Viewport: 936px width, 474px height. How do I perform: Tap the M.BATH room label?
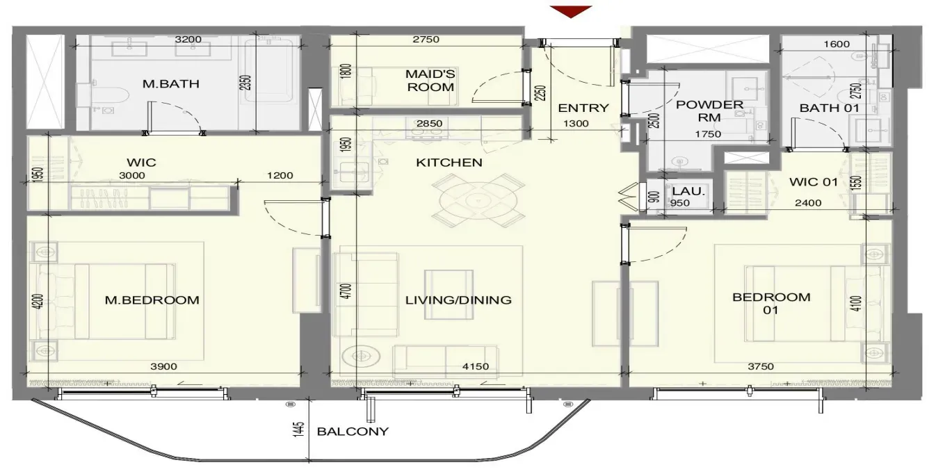[x=171, y=84]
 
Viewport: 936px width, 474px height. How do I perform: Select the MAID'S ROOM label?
[x=430, y=81]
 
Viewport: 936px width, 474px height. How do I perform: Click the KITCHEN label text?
[x=449, y=163]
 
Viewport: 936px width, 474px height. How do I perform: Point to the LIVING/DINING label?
[x=458, y=300]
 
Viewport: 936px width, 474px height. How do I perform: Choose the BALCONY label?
[x=353, y=432]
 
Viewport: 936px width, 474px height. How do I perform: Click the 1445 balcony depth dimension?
[x=298, y=430]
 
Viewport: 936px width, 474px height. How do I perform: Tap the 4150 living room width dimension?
[x=476, y=367]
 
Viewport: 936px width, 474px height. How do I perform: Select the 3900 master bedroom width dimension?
[x=164, y=367]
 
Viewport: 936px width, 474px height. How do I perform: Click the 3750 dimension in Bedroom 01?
[x=761, y=367]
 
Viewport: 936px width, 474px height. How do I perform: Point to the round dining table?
[x=478, y=201]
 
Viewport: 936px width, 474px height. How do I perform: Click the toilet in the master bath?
[x=108, y=96]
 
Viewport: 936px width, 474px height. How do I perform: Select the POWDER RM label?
[x=709, y=111]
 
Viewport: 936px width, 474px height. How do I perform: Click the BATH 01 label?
[x=830, y=108]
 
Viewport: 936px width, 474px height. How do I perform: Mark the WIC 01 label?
[x=814, y=182]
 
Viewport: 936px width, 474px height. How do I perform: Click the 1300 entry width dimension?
[x=576, y=124]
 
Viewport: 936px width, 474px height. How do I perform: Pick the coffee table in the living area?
[x=449, y=295]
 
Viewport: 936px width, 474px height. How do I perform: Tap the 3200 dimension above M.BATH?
[x=188, y=39]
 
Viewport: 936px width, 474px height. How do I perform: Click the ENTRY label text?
[x=583, y=108]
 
